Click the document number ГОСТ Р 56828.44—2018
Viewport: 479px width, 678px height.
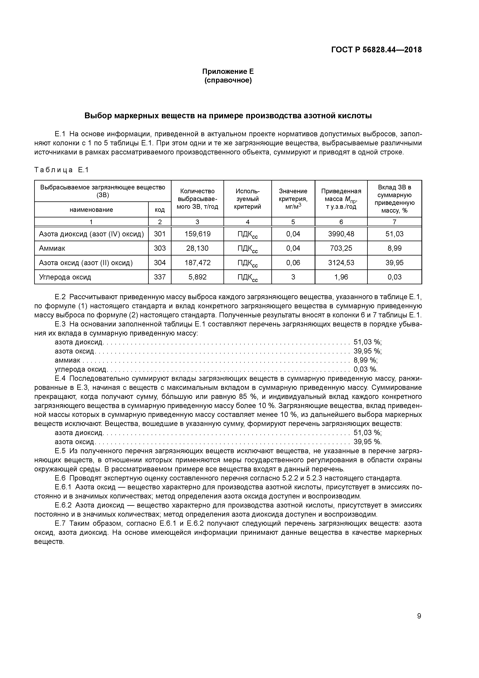pos(376,50)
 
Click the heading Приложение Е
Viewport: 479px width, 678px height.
pos(228,72)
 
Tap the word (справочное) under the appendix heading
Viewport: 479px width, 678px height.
pos(228,81)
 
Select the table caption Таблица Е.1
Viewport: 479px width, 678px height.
pos(61,170)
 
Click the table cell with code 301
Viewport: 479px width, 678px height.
pos(160,234)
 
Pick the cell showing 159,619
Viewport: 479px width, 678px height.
pos(197,234)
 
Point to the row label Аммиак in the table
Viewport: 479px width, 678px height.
pos(52,248)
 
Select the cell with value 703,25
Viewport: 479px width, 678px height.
pos(341,248)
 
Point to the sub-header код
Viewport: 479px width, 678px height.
pos(160,210)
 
